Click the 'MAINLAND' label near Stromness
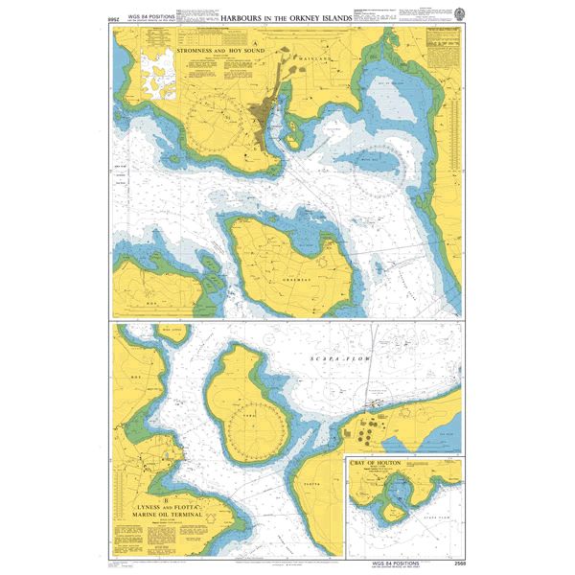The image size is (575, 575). [319, 58]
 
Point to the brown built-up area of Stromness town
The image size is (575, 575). [261, 116]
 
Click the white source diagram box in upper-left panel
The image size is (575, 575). [159, 76]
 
